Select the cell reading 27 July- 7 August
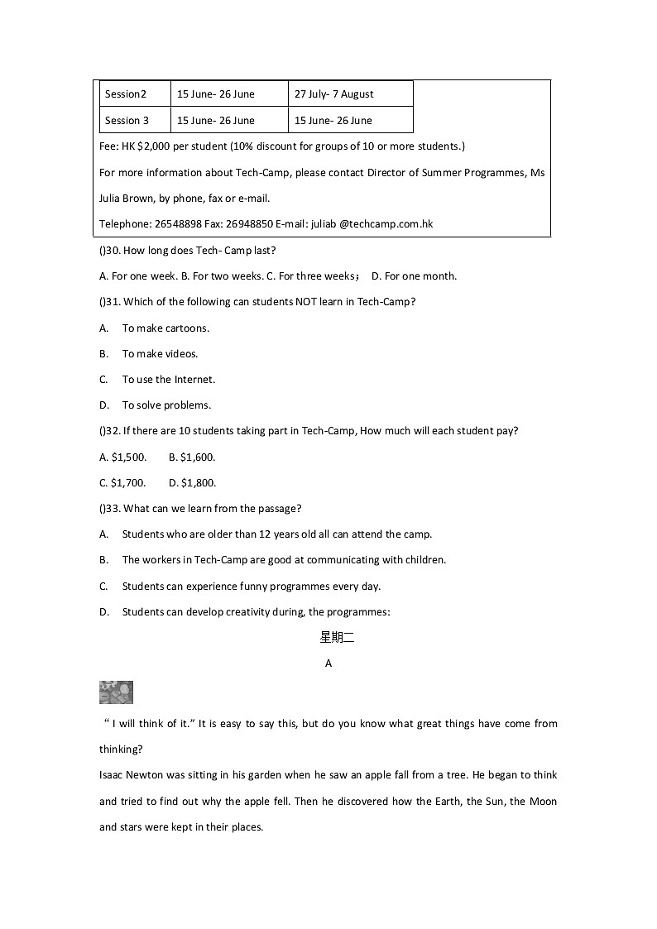(334, 94)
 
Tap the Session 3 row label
(127, 121)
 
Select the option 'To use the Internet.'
(168, 380)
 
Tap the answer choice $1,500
(129, 457)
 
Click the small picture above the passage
(116, 692)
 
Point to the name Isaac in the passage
(113, 775)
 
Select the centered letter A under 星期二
(328, 663)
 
